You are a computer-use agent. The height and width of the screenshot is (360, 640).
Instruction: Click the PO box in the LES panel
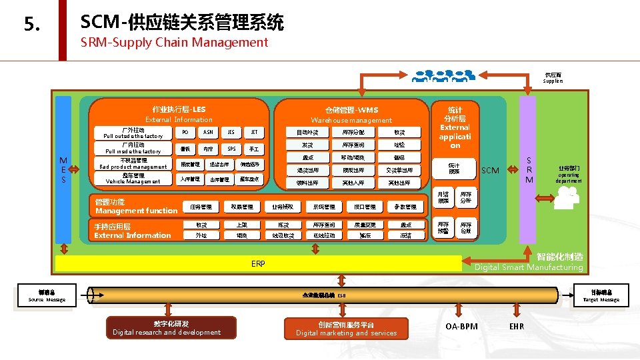click(x=185, y=132)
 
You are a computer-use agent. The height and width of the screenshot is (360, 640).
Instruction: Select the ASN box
click(x=208, y=132)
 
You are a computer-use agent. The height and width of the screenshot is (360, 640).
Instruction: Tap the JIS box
click(x=231, y=132)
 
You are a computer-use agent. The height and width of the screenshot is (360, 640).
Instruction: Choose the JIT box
click(x=254, y=132)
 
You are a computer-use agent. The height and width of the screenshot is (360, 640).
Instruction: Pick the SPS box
click(x=231, y=149)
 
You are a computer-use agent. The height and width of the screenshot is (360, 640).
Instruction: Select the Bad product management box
click(x=133, y=164)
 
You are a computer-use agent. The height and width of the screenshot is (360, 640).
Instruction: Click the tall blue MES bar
click(x=63, y=169)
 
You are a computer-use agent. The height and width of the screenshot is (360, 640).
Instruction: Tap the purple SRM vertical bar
click(x=529, y=169)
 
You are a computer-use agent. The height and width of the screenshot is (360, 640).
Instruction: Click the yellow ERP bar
click(x=258, y=264)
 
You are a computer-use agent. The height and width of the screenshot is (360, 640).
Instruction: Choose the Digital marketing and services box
click(x=346, y=328)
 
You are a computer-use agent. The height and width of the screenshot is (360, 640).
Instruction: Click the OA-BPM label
click(x=461, y=327)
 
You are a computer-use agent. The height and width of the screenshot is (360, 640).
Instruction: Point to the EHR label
click(x=516, y=327)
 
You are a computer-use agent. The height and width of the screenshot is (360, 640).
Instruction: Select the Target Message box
click(x=601, y=296)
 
